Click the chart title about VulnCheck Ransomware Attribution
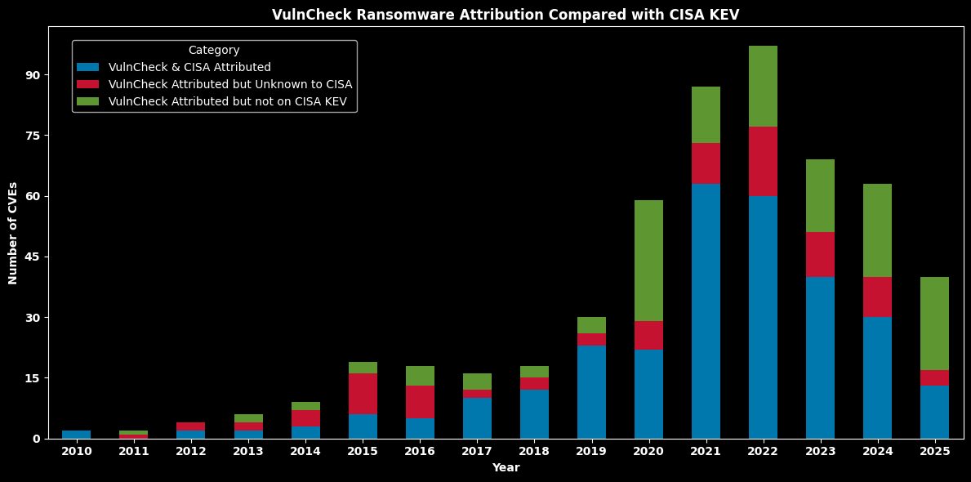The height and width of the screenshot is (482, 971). click(x=506, y=15)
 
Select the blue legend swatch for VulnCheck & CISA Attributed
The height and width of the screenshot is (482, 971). click(x=87, y=67)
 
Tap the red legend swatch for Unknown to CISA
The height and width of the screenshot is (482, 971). click(x=87, y=84)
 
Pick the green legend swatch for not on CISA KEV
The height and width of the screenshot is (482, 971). click(x=87, y=101)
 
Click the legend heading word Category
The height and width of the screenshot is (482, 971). click(x=214, y=51)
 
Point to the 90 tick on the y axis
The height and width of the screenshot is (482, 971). click(x=33, y=75)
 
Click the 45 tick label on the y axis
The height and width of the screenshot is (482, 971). click(x=33, y=257)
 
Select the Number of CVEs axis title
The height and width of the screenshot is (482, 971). click(x=13, y=233)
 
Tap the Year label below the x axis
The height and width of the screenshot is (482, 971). click(x=506, y=468)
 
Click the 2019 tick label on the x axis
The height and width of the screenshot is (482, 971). click(x=591, y=451)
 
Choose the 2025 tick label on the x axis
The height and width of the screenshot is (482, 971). click(x=934, y=451)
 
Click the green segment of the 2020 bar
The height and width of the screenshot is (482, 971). click(x=648, y=261)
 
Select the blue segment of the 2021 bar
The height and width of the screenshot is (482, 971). click(x=706, y=311)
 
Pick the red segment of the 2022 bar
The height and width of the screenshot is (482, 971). click(x=763, y=161)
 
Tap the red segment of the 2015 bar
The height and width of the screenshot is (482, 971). click(x=363, y=394)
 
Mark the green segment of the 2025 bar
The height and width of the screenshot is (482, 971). click(x=934, y=324)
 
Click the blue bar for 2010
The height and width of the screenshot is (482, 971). click(x=77, y=435)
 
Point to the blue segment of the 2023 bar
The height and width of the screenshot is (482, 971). click(x=820, y=358)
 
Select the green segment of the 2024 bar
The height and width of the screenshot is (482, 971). click(x=877, y=230)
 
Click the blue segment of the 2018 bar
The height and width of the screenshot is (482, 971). click(x=534, y=414)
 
